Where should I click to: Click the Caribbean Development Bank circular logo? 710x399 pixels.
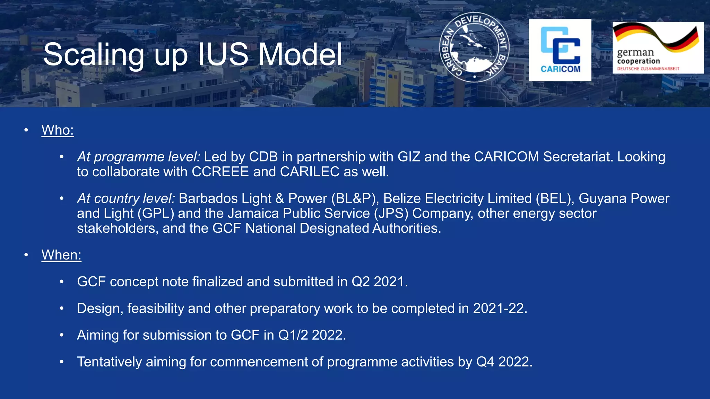(x=474, y=48)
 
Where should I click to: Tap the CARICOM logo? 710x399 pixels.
(x=560, y=50)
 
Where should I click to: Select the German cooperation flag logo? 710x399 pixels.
(x=658, y=47)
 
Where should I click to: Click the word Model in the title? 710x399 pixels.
(x=300, y=55)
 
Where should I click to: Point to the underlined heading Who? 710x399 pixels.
(x=58, y=130)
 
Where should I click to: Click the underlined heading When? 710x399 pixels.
(x=61, y=255)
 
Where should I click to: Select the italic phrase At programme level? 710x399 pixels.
(x=138, y=157)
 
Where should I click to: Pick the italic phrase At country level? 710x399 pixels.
(x=126, y=198)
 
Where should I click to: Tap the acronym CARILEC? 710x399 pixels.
(x=310, y=172)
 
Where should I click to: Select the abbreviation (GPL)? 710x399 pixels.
(x=156, y=213)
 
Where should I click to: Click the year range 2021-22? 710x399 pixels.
(x=500, y=308)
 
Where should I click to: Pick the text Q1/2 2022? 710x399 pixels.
(x=312, y=335)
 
